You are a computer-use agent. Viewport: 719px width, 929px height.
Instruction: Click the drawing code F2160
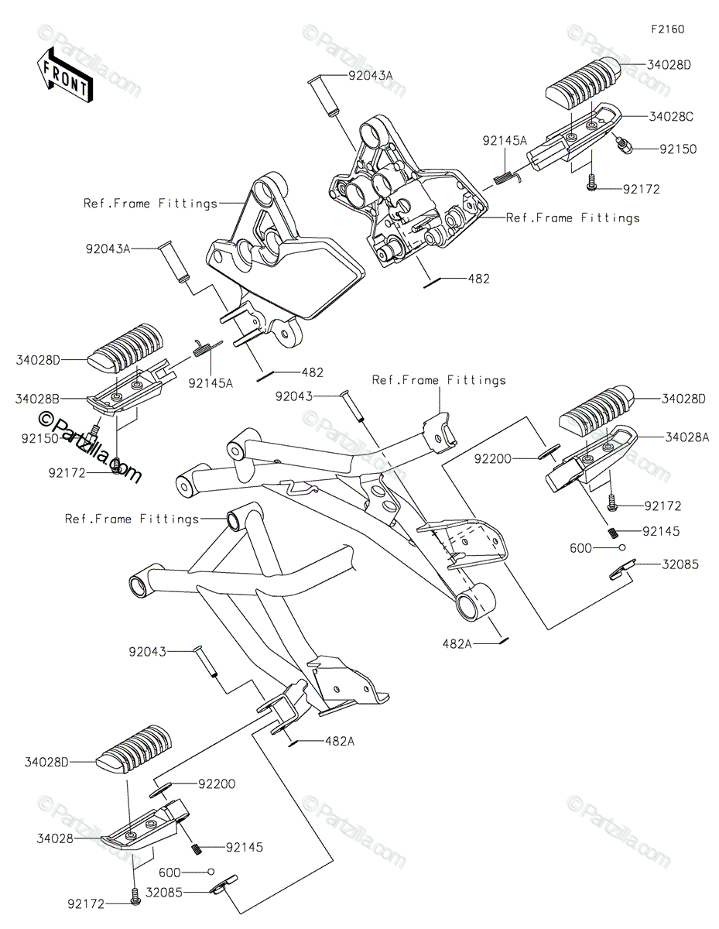point(667,29)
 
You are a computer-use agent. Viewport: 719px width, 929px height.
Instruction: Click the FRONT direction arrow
point(64,74)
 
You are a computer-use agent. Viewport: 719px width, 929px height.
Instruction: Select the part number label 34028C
point(670,117)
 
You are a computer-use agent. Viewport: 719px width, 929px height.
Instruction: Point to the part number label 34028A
point(685,437)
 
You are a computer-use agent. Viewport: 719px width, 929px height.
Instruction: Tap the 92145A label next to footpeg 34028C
point(505,141)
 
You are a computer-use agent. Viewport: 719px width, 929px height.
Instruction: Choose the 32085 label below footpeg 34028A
point(679,565)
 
